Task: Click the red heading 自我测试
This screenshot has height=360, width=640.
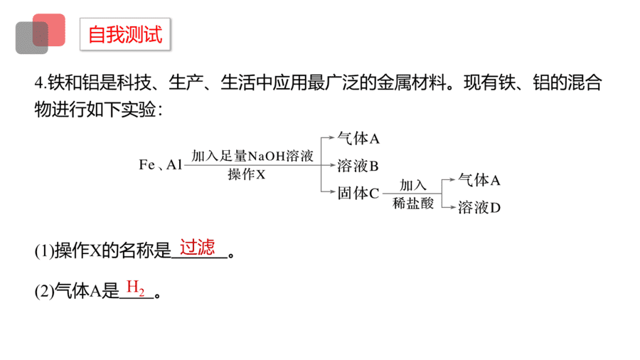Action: [125, 34]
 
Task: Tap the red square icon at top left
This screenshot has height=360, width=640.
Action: [49, 30]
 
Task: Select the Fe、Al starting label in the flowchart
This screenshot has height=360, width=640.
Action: [161, 165]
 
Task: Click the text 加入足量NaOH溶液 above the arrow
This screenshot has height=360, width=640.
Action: [252, 156]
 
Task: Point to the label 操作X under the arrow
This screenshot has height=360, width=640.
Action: [247, 175]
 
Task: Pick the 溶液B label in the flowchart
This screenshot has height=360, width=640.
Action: [358, 166]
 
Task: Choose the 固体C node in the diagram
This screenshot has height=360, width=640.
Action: [358, 194]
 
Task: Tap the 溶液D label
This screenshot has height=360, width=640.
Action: [479, 208]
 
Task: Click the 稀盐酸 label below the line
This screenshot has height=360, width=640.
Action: [413, 203]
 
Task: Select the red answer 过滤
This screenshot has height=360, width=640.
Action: [198, 248]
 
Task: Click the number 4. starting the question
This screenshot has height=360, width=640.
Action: [41, 83]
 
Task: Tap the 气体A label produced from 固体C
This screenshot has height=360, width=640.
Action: [479, 180]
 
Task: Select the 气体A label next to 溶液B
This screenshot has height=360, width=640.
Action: [358, 139]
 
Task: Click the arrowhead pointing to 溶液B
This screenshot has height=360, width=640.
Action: [332, 165]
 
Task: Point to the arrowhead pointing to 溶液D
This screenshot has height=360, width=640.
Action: [453, 207]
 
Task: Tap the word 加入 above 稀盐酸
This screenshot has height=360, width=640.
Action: [413, 185]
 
